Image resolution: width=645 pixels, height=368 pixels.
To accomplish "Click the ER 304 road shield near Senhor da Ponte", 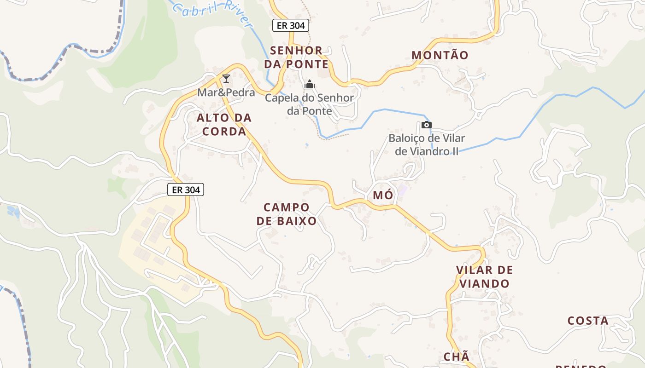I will (x=290, y=25).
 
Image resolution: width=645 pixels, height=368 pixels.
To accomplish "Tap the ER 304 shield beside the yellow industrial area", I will (x=186, y=189).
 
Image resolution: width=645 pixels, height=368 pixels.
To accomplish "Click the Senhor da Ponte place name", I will (x=296, y=57).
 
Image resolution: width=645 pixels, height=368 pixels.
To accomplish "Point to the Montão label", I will (x=440, y=55).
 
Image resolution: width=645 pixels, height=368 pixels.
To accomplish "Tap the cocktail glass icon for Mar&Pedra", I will (x=226, y=79).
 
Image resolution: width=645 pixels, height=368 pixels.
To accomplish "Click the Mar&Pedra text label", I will (x=226, y=92).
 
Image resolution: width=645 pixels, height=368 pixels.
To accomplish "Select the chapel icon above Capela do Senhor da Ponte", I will (x=310, y=84).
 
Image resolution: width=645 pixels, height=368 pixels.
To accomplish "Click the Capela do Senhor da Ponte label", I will (x=309, y=104).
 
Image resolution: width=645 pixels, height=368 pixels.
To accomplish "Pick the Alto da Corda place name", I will (x=224, y=125).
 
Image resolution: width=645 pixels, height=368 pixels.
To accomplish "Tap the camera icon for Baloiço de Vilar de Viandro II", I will (x=426, y=125).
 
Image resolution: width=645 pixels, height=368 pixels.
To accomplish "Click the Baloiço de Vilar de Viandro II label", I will (x=427, y=144).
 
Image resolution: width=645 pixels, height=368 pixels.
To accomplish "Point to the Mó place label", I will (x=383, y=195).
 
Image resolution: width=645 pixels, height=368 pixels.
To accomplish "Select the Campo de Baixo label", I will (x=287, y=214).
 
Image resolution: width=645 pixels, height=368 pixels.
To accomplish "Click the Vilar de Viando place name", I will (x=484, y=276).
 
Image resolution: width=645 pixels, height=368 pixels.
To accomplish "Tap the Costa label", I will (x=587, y=321).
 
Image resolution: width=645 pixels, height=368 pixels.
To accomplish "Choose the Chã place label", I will (x=456, y=356).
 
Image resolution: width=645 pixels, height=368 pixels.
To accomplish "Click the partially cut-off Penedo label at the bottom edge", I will (x=580, y=366).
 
